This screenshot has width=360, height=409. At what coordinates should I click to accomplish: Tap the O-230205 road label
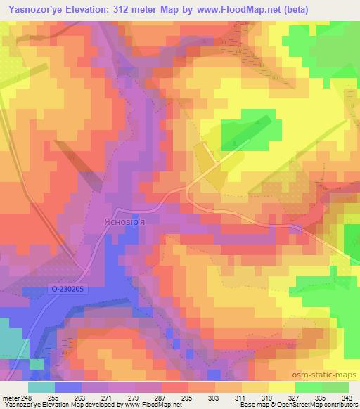[x=67, y=288]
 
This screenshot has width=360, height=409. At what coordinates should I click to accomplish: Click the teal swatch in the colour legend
[x=41, y=387]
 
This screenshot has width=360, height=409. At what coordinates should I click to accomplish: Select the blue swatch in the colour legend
[x=68, y=387]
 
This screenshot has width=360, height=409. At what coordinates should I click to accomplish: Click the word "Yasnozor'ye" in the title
[x=30, y=8]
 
